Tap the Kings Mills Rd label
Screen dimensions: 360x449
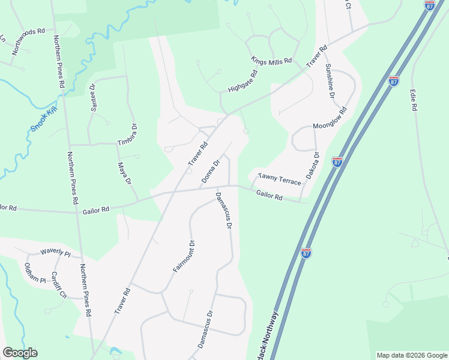click(x=271, y=61)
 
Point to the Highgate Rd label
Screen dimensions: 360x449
click(x=243, y=82)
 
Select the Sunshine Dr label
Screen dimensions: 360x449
click(x=330, y=81)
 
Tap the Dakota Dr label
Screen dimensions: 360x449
click(x=313, y=165)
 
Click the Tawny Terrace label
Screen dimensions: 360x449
click(x=279, y=179)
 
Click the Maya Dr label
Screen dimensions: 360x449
click(x=124, y=173)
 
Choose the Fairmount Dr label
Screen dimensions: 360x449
click(x=185, y=256)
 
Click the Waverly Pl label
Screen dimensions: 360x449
click(x=55, y=253)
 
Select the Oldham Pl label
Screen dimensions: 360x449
click(x=35, y=272)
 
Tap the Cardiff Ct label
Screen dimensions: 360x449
click(x=59, y=285)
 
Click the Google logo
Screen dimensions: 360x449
click(x=20, y=353)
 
